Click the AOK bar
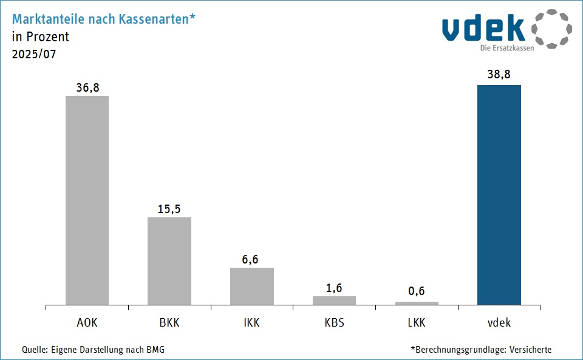click(x=87, y=200)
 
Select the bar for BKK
click(x=169, y=261)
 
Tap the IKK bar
click(x=252, y=286)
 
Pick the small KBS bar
click(x=334, y=301)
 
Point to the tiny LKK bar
click(x=417, y=303)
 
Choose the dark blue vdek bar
click(x=499, y=194)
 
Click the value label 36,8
click(x=87, y=87)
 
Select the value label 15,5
click(x=169, y=209)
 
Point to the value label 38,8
click(x=499, y=75)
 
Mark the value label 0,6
click(x=417, y=291)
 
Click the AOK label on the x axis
click(x=87, y=322)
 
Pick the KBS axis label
click(x=334, y=322)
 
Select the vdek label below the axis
click(x=499, y=322)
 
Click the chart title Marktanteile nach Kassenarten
click(x=103, y=19)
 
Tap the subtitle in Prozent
click(x=40, y=36)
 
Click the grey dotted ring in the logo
click(x=552, y=29)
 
